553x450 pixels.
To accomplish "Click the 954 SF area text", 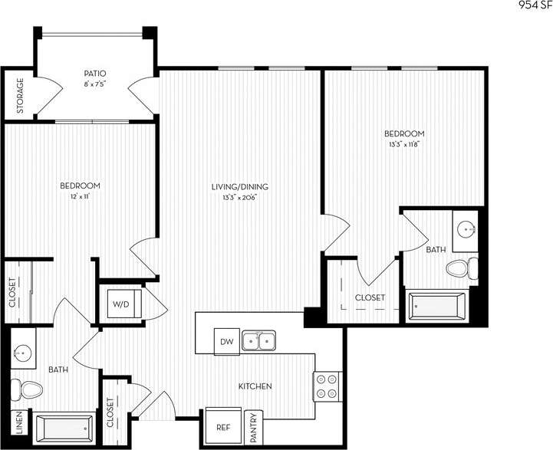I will pos(533,5).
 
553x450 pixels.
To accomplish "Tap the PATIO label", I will pos(96,73).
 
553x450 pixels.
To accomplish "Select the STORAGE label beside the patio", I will pos(20,96).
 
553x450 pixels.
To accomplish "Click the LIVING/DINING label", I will pos(239,186).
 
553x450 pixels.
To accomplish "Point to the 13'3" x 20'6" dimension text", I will pos(239,197).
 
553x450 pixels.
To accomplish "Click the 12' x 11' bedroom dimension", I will pos(80,196).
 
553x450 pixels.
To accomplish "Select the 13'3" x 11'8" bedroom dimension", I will pos(404,143).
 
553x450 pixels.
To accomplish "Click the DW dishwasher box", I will pos(226,341).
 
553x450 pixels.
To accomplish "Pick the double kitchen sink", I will pos(258,340).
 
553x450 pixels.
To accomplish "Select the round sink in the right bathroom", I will pos(466,228).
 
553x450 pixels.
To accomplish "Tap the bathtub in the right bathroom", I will pos(437,307).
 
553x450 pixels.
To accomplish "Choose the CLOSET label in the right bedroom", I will pos(370,297).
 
